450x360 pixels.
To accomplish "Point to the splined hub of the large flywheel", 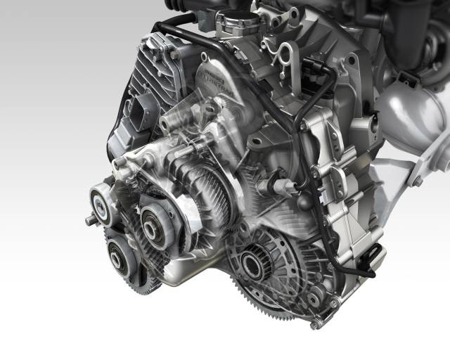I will click(x=251, y=265).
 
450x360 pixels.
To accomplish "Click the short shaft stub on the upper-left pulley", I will click(x=90, y=220).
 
